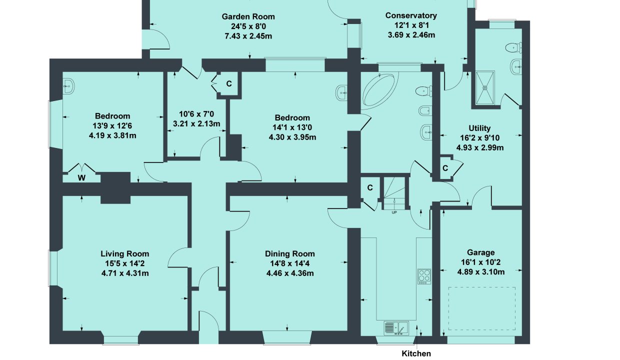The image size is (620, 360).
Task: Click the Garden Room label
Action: coord(248,16)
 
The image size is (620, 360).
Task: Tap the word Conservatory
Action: coord(411,15)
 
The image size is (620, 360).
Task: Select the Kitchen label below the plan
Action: coord(416,353)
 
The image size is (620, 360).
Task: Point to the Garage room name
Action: coord(481,252)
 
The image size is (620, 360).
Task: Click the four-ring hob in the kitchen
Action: coord(424,276)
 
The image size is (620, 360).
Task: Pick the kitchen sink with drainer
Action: coord(396,328)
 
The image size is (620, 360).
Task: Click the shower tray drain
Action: coord(484,87)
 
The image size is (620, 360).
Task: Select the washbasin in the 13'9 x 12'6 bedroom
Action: coord(68,86)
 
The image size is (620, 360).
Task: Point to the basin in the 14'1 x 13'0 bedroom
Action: coord(342,92)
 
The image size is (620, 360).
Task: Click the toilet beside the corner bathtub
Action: coord(424,91)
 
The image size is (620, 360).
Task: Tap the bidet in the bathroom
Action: coord(425,110)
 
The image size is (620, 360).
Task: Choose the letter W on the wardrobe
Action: coord(81,178)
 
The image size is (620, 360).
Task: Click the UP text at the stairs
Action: coord(394,212)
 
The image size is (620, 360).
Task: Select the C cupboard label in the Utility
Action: coord(445,168)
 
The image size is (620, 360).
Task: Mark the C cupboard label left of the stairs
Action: coord(370,188)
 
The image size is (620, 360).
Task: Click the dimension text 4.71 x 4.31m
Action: coord(125,273)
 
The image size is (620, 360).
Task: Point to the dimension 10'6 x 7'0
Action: coord(196,114)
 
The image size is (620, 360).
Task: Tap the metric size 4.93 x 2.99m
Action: coord(480,148)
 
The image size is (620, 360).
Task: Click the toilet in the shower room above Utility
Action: coord(513,47)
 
